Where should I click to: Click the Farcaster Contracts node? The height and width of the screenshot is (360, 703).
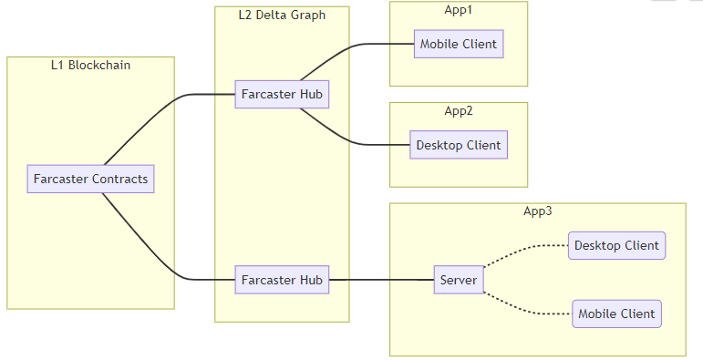click(90, 179)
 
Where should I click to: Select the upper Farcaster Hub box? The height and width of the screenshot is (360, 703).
click(281, 94)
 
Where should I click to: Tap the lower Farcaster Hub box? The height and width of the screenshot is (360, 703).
click(281, 280)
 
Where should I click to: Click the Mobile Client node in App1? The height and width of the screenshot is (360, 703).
click(459, 45)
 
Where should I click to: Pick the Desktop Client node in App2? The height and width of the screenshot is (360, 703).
click(458, 145)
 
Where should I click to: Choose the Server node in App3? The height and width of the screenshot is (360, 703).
click(458, 280)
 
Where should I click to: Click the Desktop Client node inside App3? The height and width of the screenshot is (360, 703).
click(616, 245)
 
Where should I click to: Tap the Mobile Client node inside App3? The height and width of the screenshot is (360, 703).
click(616, 314)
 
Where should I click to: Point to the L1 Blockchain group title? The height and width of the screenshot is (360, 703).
click(90, 65)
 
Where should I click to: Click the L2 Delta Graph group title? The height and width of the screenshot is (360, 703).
click(282, 15)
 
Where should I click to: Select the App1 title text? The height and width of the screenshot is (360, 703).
click(459, 9)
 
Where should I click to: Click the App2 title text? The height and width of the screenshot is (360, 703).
click(459, 110)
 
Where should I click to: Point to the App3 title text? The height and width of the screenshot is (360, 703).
click(537, 211)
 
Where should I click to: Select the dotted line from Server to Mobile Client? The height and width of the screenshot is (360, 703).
click(524, 309)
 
